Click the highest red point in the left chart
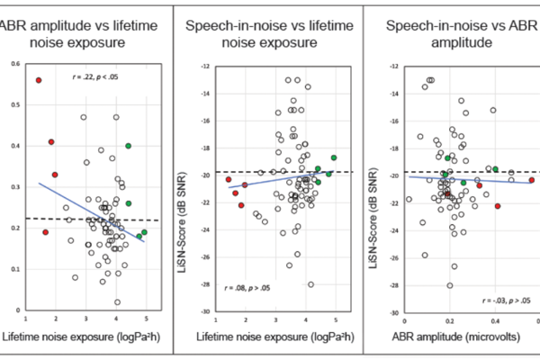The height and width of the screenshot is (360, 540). coord(39,80)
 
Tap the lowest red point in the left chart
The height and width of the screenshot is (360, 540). coord(45,232)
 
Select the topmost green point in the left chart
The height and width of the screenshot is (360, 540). coord(129,146)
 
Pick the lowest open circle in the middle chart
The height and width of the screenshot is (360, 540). coord(310,284)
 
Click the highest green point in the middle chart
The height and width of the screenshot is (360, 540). coord(333,157)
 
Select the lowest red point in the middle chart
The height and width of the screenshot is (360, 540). coord(241,205)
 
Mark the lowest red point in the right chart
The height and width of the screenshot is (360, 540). coord(498,205)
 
